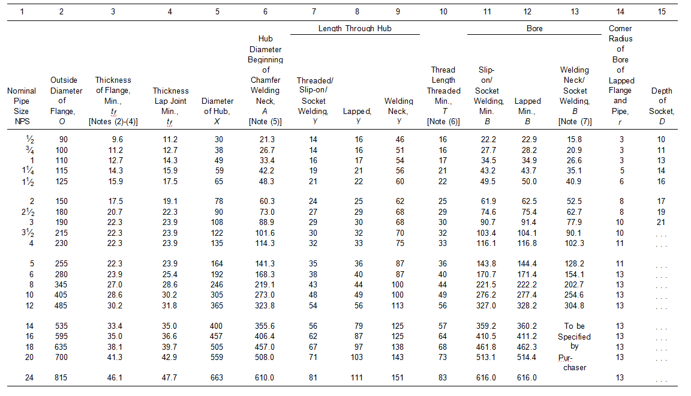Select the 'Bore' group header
tap(534, 28)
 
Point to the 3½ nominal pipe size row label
tap(22, 232)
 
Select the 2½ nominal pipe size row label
tap(22, 212)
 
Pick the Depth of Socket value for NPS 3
tap(661, 222)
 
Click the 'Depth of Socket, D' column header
tap(662, 101)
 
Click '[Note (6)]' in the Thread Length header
tap(443, 122)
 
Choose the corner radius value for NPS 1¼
tap(620, 170)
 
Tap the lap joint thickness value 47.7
tap(170, 377)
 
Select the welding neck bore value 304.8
tap(574, 305)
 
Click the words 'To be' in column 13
tap(574, 326)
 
